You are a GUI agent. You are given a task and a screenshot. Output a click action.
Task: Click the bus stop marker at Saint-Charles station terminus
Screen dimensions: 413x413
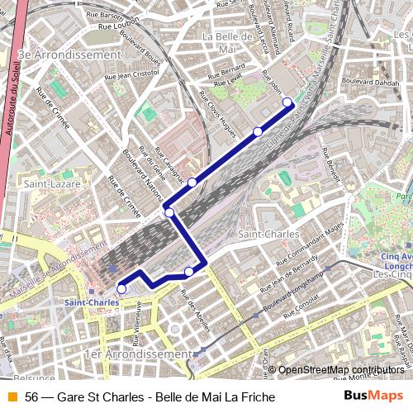click(121, 289)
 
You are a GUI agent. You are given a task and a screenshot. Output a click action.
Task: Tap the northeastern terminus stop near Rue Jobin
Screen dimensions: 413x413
click(287, 102)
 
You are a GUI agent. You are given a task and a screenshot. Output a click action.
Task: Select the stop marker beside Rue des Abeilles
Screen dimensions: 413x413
click(189, 271)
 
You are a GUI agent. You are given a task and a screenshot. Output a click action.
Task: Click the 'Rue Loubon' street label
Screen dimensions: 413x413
click(116, 26)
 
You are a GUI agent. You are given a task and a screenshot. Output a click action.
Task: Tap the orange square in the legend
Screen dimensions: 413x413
click(11, 396)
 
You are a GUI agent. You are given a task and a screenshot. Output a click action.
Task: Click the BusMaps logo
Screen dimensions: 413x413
click(374, 396)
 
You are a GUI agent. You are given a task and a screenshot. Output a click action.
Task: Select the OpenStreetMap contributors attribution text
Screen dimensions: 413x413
click(340, 369)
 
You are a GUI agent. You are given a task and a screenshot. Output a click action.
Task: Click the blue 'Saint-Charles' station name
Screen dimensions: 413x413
click(91, 302)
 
